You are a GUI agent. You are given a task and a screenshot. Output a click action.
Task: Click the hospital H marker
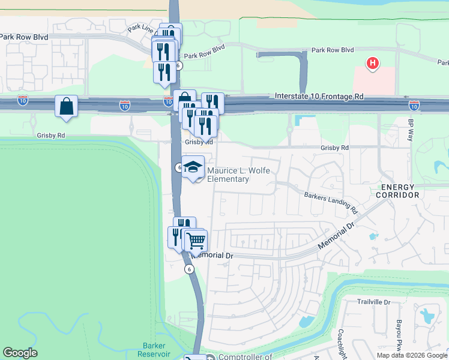click(373, 62)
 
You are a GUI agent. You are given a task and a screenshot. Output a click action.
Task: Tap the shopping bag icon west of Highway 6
click(67, 107)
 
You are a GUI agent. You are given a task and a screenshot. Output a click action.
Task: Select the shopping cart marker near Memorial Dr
click(196, 241)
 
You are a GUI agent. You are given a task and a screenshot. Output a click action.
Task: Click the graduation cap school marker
click(193, 167)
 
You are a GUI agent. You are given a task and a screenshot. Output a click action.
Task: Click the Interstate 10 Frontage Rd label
click(319, 96)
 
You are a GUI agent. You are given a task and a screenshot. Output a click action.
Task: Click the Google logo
click(20, 353)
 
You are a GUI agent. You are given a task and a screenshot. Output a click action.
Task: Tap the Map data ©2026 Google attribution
click(412, 355)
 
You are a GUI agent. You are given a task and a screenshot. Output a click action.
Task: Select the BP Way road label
click(412, 130)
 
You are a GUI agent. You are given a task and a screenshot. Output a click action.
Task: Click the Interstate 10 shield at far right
click(414, 106)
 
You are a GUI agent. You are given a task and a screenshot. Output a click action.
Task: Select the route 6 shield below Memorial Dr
click(190, 269)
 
